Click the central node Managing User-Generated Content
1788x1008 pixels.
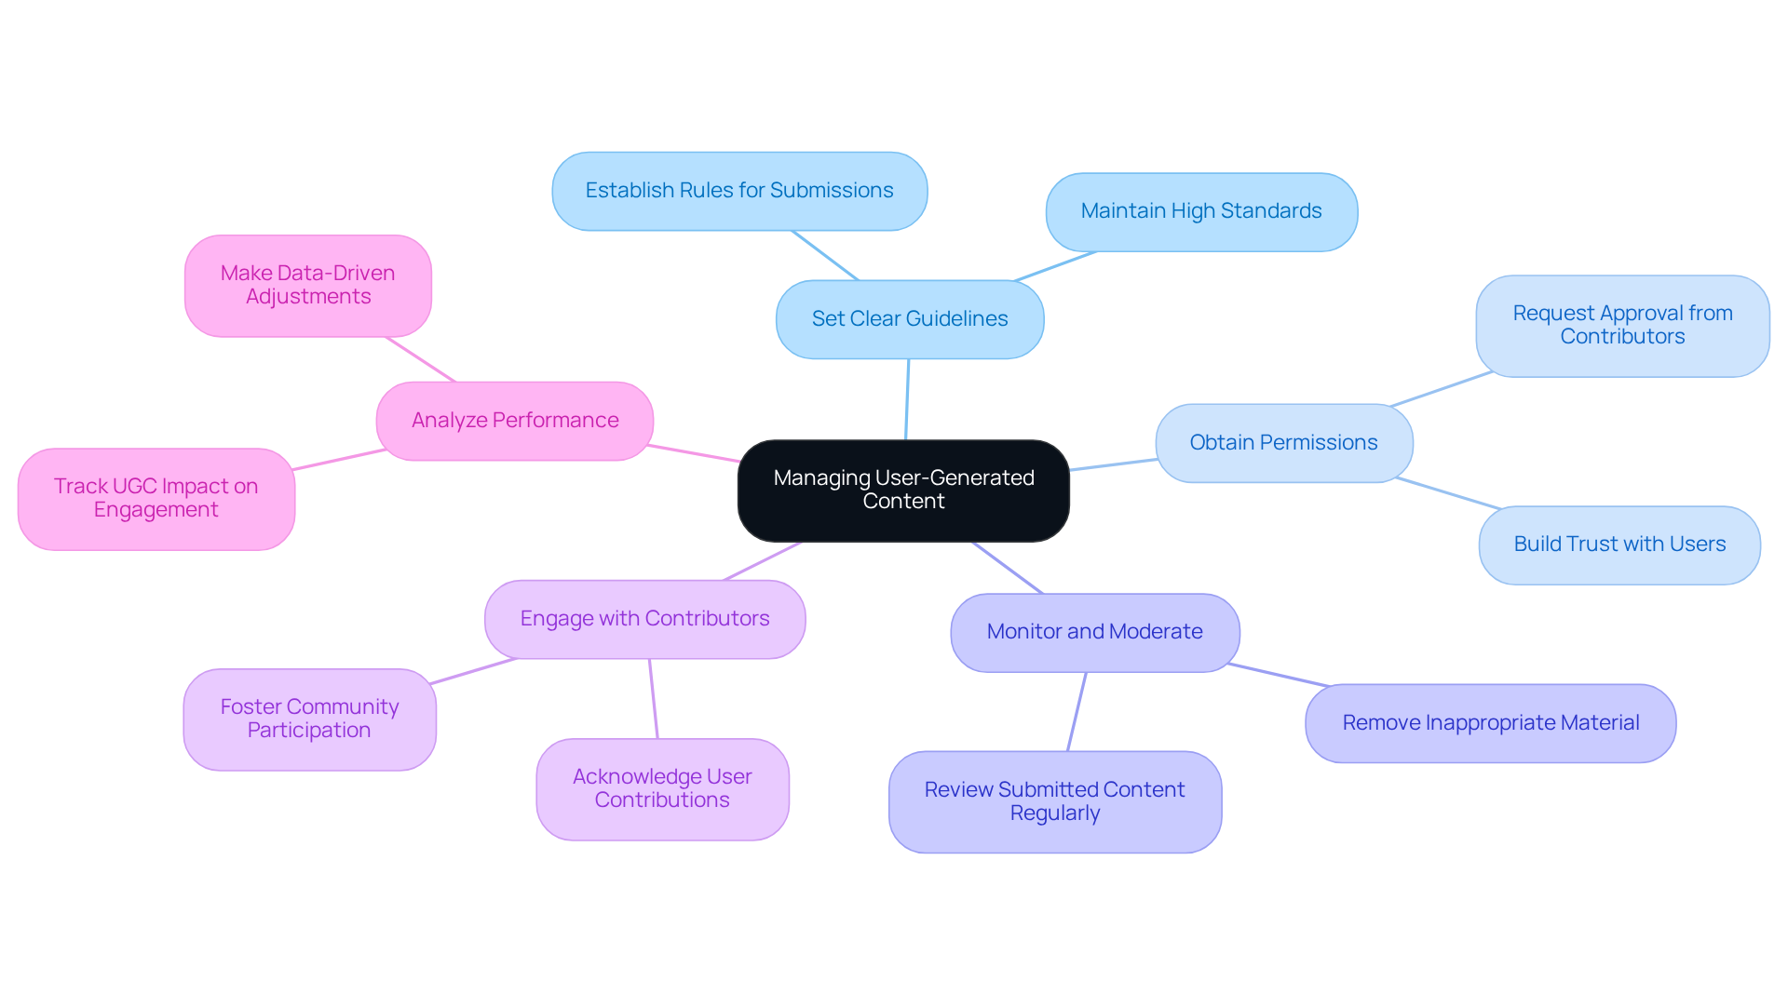[902, 491]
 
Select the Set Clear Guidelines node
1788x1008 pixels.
[909, 319]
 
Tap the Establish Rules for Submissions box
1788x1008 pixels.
[739, 191]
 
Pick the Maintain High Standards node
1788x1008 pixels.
[1200, 211]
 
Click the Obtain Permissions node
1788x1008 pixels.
[1283, 443]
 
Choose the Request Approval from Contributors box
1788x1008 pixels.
[1621, 326]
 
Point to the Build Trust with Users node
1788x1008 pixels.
[1619, 544]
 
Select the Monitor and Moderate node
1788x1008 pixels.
[1094, 632]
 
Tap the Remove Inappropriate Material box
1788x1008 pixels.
[1490, 723]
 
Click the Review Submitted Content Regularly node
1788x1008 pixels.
[1054, 801]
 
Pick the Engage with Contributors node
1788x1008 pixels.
[644, 619]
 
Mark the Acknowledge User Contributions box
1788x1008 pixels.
[662, 788]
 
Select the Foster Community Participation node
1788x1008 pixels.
[309, 719]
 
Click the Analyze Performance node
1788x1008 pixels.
[514, 421]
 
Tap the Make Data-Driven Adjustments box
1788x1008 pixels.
[307, 286]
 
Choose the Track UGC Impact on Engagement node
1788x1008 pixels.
[156, 499]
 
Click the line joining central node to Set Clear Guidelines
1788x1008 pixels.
[907, 400]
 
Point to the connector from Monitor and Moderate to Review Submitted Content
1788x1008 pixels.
[1077, 712]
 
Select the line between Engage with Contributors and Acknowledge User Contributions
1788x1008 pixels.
[653, 698]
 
